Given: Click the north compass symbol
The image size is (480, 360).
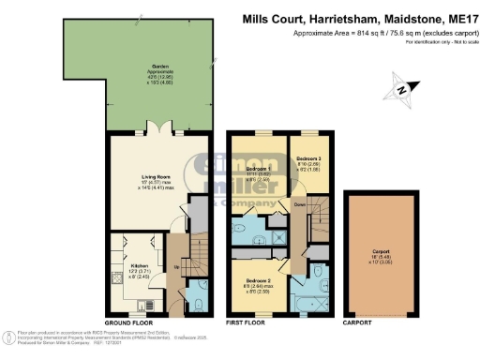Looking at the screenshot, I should (402, 90).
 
